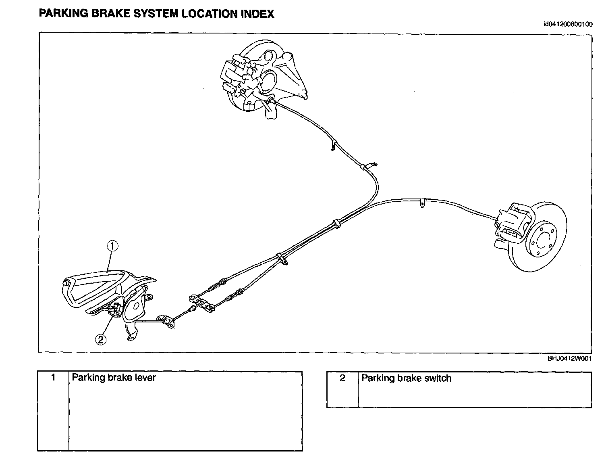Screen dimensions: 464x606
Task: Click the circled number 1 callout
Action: [112, 246]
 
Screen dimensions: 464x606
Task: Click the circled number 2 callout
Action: [100, 340]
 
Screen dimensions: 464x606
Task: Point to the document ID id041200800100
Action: [568, 24]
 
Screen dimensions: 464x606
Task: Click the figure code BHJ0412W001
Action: [569, 358]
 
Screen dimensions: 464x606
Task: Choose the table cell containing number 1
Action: [53, 378]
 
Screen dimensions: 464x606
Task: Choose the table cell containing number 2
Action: [342, 378]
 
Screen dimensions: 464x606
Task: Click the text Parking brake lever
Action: [114, 378]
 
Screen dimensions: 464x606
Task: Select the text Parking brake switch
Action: [406, 378]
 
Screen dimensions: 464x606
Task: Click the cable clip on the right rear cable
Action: [421, 202]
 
